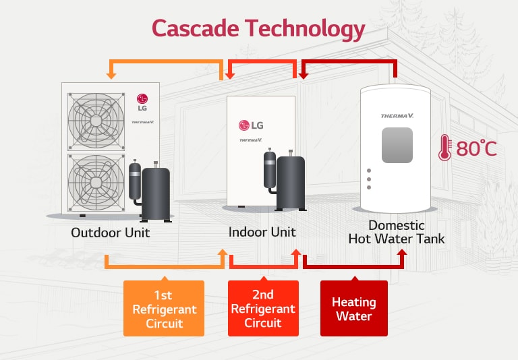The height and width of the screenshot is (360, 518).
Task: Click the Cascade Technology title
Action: (258, 28)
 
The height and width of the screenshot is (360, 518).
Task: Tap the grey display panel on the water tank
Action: (397, 146)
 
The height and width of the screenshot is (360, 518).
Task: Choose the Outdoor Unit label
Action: (111, 233)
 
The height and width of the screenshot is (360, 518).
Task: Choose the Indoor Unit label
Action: (262, 232)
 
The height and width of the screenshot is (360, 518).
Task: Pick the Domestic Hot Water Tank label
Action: (396, 232)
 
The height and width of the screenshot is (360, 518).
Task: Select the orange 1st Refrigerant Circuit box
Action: (164, 307)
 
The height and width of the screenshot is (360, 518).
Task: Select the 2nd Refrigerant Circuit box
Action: (263, 307)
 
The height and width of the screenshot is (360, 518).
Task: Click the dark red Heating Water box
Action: (353, 308)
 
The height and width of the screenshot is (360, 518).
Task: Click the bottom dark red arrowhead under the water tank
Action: (403, 253)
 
